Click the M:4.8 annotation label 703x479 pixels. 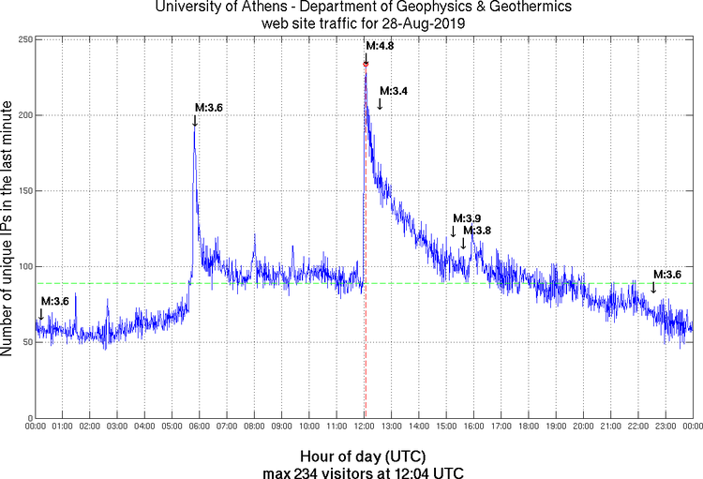click(378, 45)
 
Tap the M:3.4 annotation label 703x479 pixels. click(393, 91)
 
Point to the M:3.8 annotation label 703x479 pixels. click(477, 231)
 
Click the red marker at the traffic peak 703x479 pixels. click(366, 64)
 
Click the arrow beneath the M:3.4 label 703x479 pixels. click(380, 104)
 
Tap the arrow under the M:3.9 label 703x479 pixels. click(453, 232)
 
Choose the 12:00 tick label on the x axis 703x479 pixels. click(365, 427)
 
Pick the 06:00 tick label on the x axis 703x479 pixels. click(201, 427)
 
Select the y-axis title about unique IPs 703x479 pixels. click(9, 229)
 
